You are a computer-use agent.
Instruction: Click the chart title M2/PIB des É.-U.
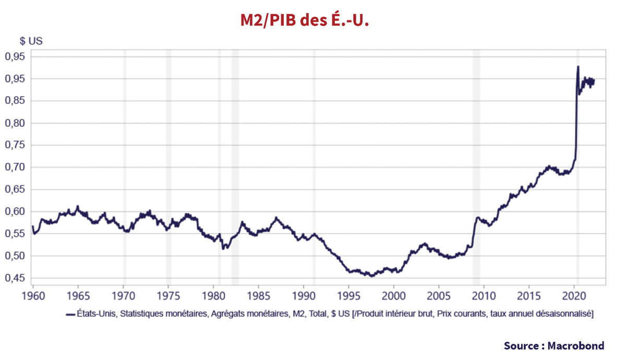(x=305, y=20)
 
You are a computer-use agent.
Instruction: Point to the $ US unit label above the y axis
(x=31, y=41)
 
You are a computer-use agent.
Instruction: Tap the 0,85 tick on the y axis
(x=16, y=101)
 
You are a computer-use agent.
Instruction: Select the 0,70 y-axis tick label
(x=16, y=167)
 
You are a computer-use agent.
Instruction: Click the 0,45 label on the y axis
(x=16, y=278)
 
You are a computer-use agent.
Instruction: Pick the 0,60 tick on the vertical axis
(x=16, y=212)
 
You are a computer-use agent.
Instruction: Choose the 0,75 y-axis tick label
(x=16, y=146)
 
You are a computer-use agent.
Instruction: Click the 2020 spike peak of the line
(x=578, y=67)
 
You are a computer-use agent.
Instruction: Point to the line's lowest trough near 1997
(x=371, y=275)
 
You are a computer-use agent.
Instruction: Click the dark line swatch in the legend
(x=71, y=314)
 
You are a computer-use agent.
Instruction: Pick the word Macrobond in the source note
(x=576, y=345)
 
